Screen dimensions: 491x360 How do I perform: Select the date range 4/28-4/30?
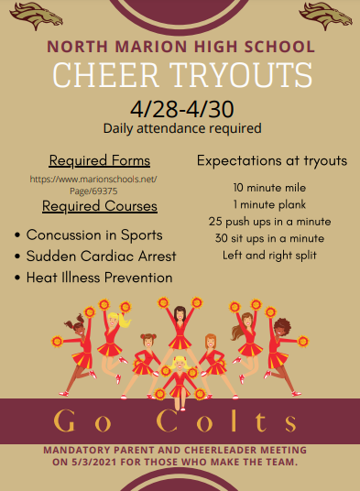pos(181,109)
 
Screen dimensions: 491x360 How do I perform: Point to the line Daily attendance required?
pos(182,128)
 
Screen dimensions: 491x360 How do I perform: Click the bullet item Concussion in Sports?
pos(94,235)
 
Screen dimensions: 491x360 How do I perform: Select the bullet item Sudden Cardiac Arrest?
pos(101,256)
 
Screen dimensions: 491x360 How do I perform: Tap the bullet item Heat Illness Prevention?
pos(99,277)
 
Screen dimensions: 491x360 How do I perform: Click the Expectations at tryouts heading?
pos(272,160)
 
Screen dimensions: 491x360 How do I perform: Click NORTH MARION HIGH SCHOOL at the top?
pos(180,47)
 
